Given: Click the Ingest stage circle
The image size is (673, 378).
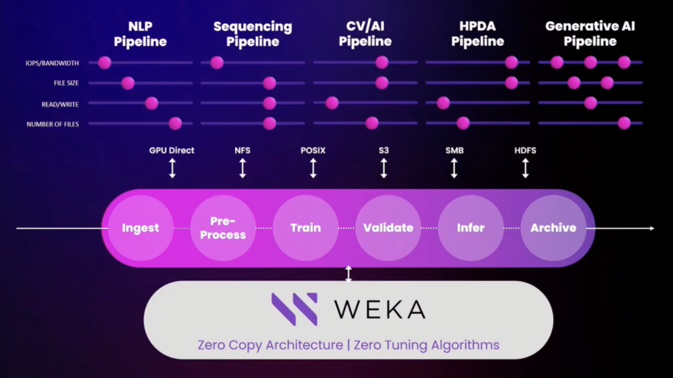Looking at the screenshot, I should coord(141,228).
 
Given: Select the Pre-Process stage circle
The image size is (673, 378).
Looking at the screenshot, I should coord(223,228).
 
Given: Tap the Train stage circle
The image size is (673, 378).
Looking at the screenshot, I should coord(306,228).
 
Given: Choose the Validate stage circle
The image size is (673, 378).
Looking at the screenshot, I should coord(388,228).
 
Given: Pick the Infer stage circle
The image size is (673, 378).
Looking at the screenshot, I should coord(471,228).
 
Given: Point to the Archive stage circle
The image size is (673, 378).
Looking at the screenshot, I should coord(553,228).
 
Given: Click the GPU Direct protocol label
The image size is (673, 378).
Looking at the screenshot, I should coord(172,151).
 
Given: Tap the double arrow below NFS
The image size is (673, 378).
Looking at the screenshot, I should coord(243,168).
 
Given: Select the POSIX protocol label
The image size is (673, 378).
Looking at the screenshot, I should coord(313,151).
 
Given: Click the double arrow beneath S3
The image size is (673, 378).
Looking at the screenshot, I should coord(383,168).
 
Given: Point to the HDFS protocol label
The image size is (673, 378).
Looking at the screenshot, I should coord(525,151).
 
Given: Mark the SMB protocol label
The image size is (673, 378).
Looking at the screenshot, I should coord(454,151).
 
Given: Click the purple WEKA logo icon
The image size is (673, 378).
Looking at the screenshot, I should coord(294,309).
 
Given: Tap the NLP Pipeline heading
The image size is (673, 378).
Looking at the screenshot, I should coord(140,34).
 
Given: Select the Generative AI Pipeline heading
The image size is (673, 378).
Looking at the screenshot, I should coord(590,34).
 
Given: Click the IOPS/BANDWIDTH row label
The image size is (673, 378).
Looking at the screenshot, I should coord(52,63).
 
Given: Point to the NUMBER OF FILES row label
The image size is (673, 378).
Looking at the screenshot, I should coord(53,124).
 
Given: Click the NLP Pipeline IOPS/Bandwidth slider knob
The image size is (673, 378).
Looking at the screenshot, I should coord(104,62).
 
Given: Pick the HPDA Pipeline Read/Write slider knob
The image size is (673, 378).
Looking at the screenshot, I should coord(443,103).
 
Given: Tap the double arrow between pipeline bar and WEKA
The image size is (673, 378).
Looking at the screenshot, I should coord(348,274).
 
